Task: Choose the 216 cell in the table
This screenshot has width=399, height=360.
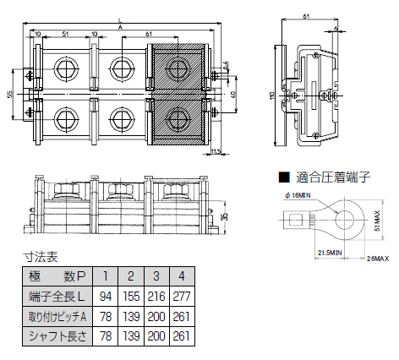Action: (x=156, y=297)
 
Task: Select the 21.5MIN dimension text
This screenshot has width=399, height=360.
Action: (x=330, y=253)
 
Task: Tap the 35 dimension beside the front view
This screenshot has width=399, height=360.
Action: (x=222, y=216)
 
